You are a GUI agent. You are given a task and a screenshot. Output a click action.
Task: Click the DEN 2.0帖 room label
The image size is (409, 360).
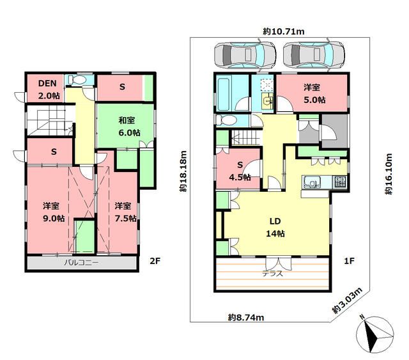pyautogui.click(x=49, y=90)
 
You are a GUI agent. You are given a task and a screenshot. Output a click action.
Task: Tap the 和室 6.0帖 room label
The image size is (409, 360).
pyautogui.click(x=129, y=127)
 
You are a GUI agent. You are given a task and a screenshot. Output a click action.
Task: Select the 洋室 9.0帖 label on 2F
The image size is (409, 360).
pyautogui.click(x=54, y=212)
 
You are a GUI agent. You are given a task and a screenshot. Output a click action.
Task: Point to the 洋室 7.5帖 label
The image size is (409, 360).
pyautogui.click(x=125, y=212)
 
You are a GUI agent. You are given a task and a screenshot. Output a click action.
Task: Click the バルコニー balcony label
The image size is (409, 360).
pyautogui.click(x=82, y=263)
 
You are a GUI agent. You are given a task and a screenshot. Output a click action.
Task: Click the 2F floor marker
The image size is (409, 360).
pyautogui.click(x=155, y=261)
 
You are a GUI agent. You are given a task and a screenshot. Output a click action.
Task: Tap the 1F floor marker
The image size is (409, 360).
pyautogui.click(x=349, y=261)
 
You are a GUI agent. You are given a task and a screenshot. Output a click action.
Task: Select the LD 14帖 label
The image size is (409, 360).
pyautogui.click(x=275, y=227)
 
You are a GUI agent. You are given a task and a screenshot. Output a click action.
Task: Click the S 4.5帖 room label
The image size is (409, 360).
pyautogui.click(x=240, y=171)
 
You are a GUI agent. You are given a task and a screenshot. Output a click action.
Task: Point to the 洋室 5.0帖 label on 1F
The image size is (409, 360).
pyautogui.click(x=314, y=93)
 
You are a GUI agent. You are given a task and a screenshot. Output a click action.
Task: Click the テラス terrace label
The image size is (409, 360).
pyautogui.click(x=273, y=274)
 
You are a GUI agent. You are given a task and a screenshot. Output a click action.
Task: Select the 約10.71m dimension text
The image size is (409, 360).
pyautogui.click(x=284, y=32)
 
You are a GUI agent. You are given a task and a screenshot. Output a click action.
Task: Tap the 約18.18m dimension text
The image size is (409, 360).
pyautogui.click(x=183, y=171)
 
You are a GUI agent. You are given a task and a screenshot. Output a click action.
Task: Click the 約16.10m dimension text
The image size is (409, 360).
pyautogui.click(x=389, y=174)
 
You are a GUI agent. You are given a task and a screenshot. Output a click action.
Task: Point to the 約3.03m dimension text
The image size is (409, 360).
pyautogui.click(x=348, y=301)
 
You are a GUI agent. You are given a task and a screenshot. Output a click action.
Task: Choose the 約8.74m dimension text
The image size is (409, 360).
pyautogui.click(x=246, y=317)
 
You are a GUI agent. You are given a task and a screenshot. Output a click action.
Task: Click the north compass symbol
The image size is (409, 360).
pyautogui.click(x=375, y=334)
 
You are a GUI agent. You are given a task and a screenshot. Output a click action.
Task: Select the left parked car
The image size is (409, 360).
pyautogui.click(x=245, y=55)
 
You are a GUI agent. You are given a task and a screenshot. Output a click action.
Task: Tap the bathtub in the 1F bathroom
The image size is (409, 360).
pyautogui.click(x=224, y=93)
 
